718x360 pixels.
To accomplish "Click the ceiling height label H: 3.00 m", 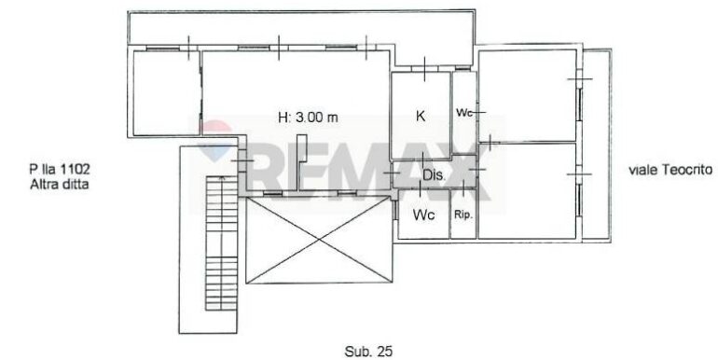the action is point(308,118).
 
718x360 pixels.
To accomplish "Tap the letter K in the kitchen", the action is point(421,117).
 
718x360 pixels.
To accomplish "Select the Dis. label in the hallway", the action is point(435,174).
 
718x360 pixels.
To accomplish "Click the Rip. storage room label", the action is point(463,215).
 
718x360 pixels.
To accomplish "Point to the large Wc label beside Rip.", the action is point(423,215).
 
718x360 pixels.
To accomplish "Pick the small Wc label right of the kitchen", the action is point(463,112).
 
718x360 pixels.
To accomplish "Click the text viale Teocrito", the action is point(670,170).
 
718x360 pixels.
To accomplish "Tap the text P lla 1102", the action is point(60,169).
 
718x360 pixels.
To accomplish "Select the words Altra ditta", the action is point(59,185).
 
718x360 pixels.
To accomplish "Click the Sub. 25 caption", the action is point(368,352).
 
